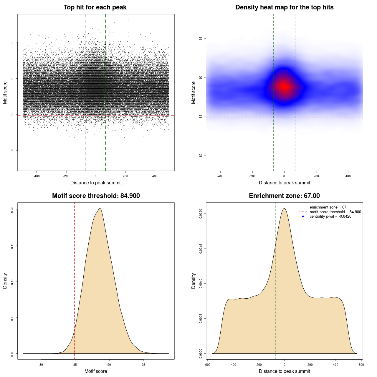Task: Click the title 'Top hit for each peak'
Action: [x=95, y=7]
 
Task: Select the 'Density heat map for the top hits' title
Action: [x=284, y=7]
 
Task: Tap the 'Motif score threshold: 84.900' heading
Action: [x=96, y=196]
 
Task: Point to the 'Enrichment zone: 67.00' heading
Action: [x=284, y=196]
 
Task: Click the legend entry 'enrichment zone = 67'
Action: [x=328, y=207]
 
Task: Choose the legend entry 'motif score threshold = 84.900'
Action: [x=335, y=212]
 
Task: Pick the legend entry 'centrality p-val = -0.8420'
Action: [x=330, y=216]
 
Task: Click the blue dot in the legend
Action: [x=303, y=216]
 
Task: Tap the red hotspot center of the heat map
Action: [x=284, y=87]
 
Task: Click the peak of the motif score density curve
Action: [x=100, y=209]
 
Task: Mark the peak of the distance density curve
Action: [x=284, y=209]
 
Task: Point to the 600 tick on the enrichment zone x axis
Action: [x=361, y=365]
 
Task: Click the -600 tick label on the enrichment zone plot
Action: [x=207, y=365]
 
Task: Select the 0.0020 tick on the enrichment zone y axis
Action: [x=201, y=214]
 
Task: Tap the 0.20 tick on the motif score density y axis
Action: [x=12, y=210]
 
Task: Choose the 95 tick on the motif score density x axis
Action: [x=143, y=365]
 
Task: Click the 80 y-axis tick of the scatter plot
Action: [x=12, y=151]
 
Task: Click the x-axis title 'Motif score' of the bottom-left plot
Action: [x=96, y=371]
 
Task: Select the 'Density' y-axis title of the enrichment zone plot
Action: [x=194, y=281]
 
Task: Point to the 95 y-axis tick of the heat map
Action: [x=201, y=38]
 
